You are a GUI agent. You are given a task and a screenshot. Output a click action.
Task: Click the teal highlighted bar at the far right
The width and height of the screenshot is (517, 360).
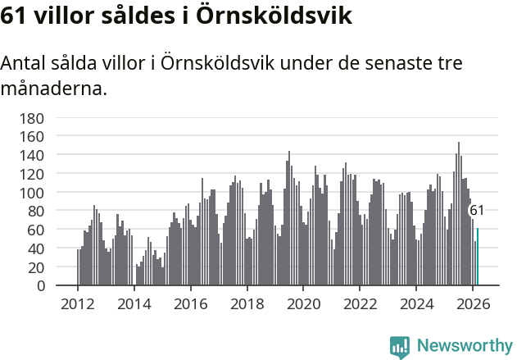pos(477,257)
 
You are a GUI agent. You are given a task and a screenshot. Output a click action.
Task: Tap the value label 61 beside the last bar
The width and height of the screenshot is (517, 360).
pos(476,211)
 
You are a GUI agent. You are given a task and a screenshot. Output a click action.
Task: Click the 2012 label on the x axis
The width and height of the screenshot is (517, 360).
pos(78,303)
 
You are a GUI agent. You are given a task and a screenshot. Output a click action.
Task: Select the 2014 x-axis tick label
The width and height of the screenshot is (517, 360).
pos(134,303)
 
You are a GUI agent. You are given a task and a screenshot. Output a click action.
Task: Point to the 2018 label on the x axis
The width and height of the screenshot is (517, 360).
pos(247,303)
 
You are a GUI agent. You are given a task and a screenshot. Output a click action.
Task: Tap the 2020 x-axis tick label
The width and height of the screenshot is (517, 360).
pos(303,303)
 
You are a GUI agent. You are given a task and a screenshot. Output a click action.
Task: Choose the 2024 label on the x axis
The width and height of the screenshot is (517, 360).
pos(415,303)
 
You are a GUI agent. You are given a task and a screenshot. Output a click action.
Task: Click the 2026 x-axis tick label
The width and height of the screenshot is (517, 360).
pos(472,303)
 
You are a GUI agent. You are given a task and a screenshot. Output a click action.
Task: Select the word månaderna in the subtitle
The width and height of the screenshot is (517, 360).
pos(54,88)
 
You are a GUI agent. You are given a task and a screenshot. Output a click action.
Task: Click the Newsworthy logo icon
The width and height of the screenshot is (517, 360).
pos(400,347)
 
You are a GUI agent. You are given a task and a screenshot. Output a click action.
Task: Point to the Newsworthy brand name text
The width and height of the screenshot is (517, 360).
pos(464,347)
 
